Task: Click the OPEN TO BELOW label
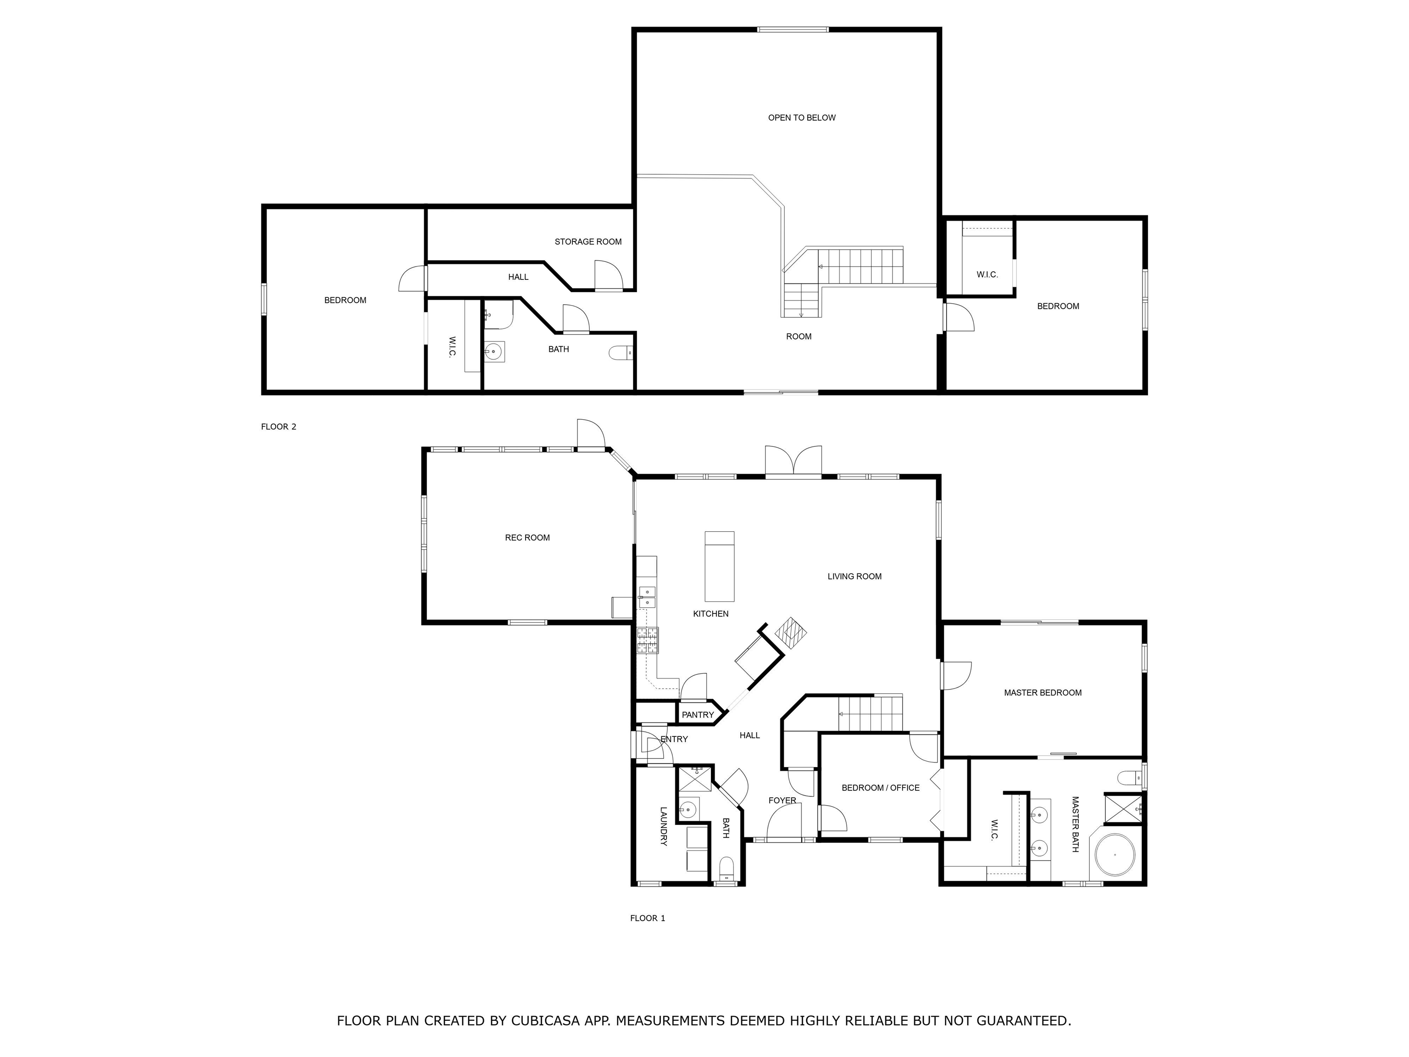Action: pyautogui.click(x=801, y=118)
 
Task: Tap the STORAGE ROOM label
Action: pyautogui.click(x=587, y=241)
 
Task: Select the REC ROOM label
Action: pyautogui.click(x=527, y=538)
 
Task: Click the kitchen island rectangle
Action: pyautogui.click(x=719, y=567)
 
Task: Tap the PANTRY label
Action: pyautogui.click(x=698, y=715)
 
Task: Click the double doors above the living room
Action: pyautogui.click(x=793, y=461)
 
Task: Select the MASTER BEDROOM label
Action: pyautogui.click(x=1042, y=693)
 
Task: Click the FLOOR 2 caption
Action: pyautogui.click(x=278, y=427)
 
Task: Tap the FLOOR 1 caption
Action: pyautogui.click(x=647, y=918)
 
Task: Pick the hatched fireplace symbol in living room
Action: pyautogui.click(x=791, y=633)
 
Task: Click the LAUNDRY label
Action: pyautogui.click(x=663, y=826)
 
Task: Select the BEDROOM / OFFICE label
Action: pyautogui.click(x=880, y=788)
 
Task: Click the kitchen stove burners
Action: pyautogui.click(x=648, y=640)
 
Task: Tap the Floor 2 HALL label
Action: pyautogui.click(x=518, y=277)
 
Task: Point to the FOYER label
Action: pyautogui.click(x=782, y=801)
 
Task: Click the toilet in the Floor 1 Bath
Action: pyautogui.click(x=726, y=868)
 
